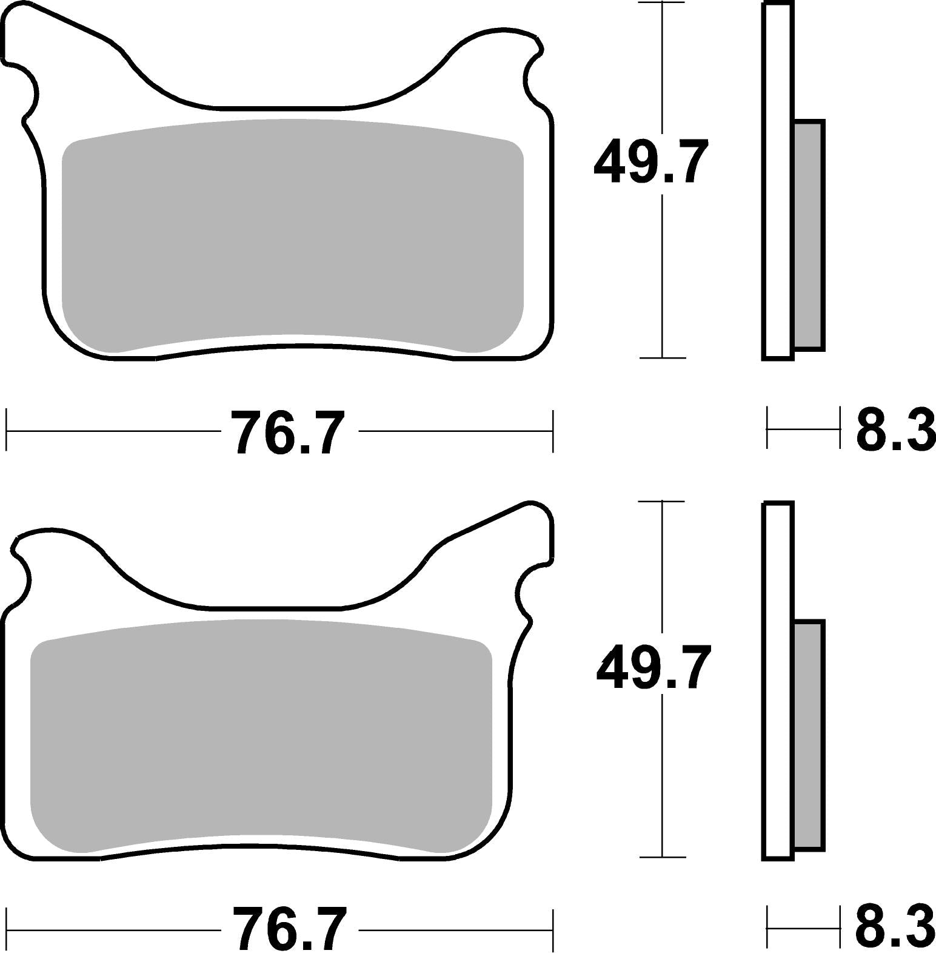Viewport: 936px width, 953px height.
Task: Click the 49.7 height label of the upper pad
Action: click(651, 162)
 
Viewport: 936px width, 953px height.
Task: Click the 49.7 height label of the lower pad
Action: click(653, 667)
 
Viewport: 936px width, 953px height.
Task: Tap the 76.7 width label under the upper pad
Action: click(289, 432)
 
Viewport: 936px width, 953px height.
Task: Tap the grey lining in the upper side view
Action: click(808, 235)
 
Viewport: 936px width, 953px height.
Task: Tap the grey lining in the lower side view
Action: click(808, 735)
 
